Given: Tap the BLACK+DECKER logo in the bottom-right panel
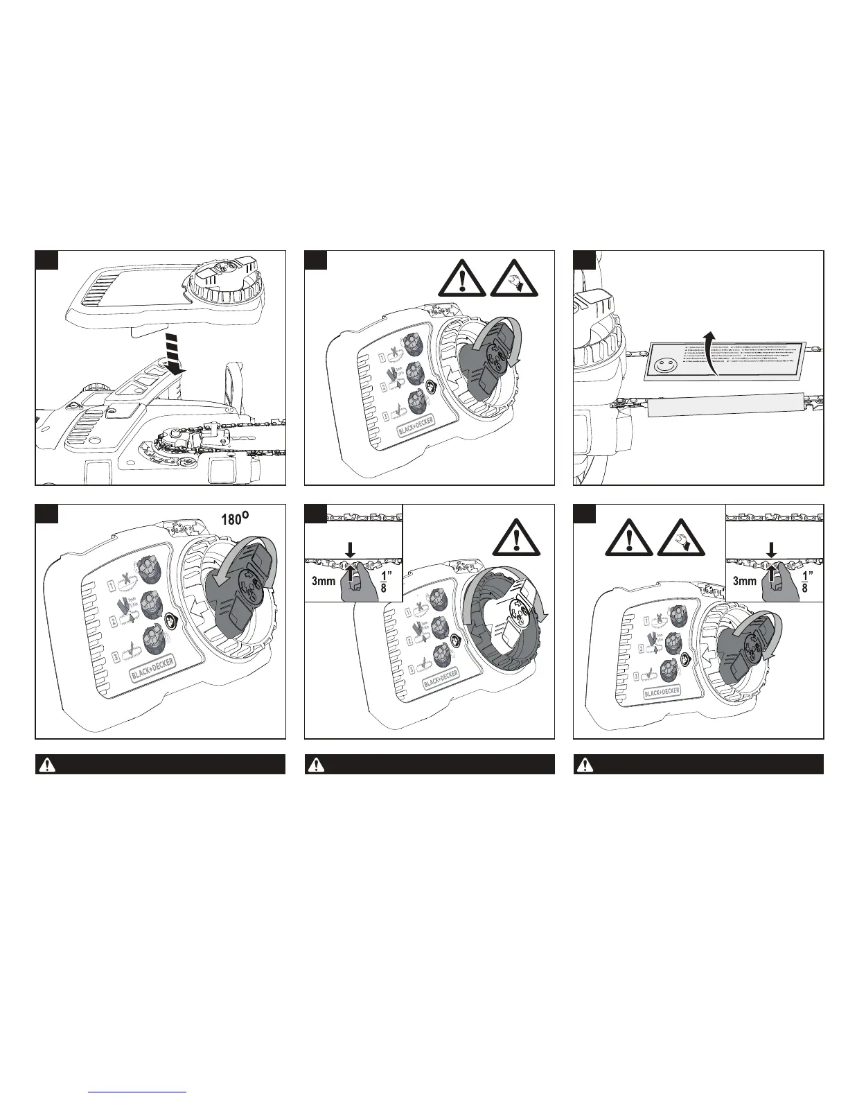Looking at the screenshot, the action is [662, 691].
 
